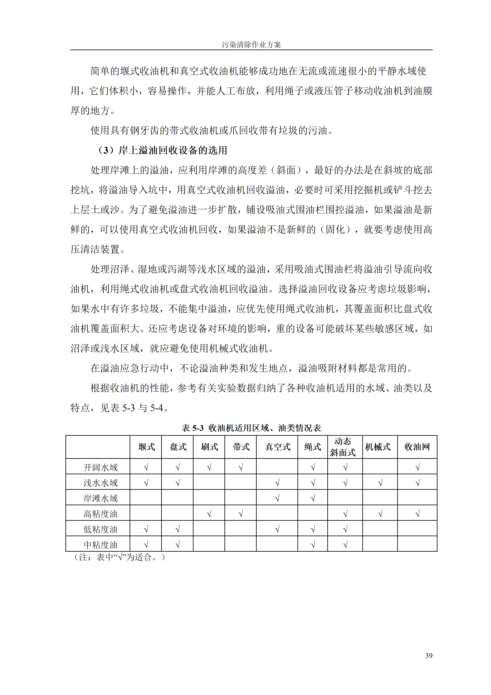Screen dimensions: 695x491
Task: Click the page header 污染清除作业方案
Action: pyautogui.click(x=251, y=45)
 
